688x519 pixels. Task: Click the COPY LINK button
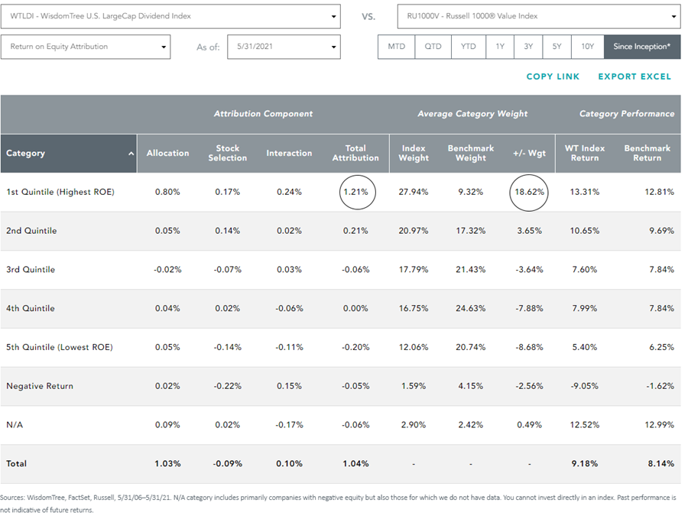[x=553, y=76]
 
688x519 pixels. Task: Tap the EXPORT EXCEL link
[x=634, y=76]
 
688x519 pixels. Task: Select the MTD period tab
[x=396, y=47]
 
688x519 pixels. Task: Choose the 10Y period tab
[x=588, y=47]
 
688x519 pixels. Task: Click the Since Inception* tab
[x=642, y=47]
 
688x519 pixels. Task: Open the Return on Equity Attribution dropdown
[x=86, y=47]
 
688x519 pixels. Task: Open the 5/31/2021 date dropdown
[x=284, y=47]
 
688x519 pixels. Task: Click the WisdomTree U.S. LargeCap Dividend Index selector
[x=170, y=16]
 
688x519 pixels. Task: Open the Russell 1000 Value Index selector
[x=539, y=16]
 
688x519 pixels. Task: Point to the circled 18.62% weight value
[x=529, y=192]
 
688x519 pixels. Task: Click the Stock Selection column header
[x=227, y=153]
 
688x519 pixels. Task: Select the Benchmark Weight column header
[x=471, y=153]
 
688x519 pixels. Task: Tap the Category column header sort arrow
[x=131, y=154]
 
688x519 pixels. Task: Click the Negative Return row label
[x=40, y=386]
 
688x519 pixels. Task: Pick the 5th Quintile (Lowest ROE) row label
[x=59, y=347]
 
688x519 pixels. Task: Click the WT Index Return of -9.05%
[x=585, y=386]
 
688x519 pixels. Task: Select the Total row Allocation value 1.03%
[x=167, y=464]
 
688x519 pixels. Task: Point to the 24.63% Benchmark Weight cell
[x=470, y=308]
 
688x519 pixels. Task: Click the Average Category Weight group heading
[x=472, y=114]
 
